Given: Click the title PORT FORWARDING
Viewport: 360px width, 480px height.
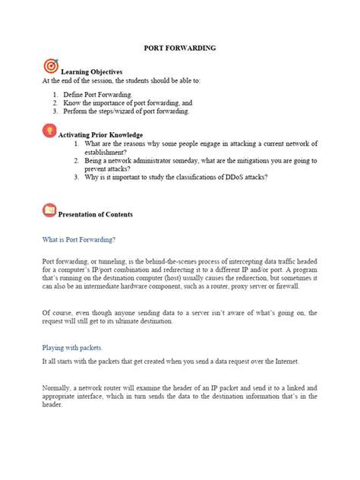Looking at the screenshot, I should click(x=180, y=48).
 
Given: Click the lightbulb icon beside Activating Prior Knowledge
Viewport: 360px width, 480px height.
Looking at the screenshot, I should click(x=50, y=130).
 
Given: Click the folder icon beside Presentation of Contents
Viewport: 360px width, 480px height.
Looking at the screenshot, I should click(x=50, y=209).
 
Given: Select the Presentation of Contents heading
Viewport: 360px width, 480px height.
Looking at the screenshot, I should click(x=96, y=214).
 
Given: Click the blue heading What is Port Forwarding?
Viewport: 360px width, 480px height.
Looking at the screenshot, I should click(x=79, y=240).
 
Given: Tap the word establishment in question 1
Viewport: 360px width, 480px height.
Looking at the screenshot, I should click(x=108, y=151).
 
